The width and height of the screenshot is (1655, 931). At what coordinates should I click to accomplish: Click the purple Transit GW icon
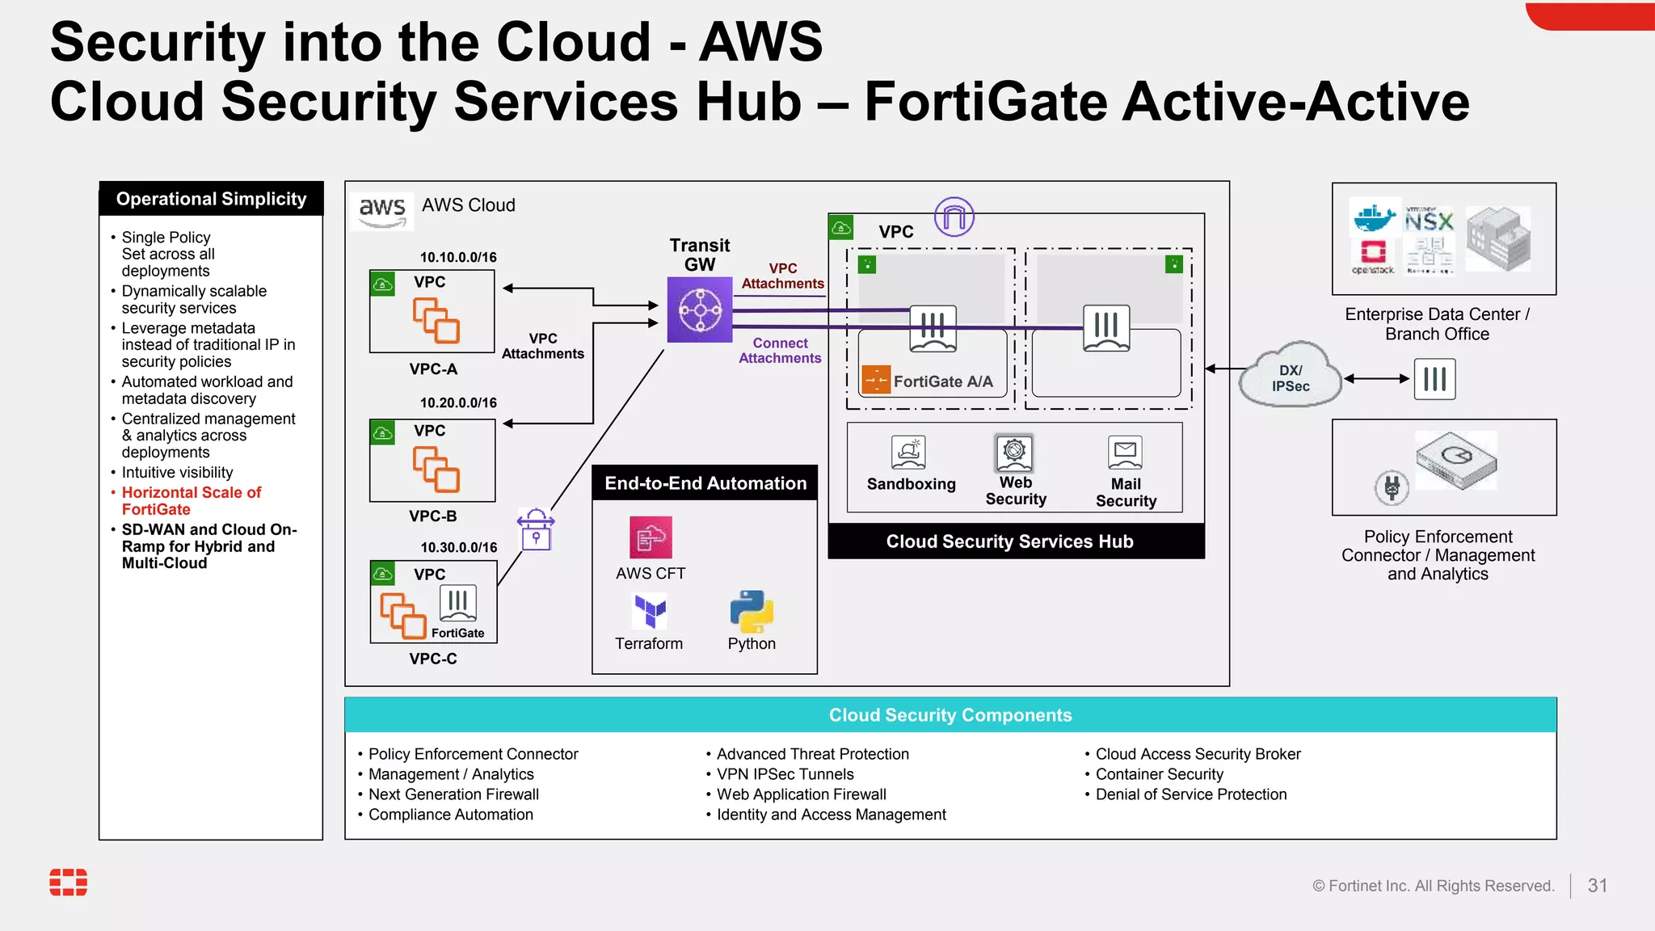click(x=699, y=310)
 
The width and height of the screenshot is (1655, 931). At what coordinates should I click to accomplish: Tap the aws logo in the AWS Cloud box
click(x=382, y=211)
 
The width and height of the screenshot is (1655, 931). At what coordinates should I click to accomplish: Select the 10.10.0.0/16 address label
click(x=458, y=257)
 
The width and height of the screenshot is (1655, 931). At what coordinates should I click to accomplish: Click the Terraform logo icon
click(x=650, y=611)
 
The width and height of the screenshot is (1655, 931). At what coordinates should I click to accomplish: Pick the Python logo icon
click(x=752, y=611)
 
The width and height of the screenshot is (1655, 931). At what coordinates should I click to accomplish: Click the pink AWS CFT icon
click(x=651, y=537)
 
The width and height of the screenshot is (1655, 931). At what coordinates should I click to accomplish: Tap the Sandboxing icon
click(x=908, y=453)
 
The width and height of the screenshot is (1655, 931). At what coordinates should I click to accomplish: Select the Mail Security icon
click(x=1125, y=453)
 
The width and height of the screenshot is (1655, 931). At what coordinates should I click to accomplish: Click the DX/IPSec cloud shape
click(x=1290, y=376)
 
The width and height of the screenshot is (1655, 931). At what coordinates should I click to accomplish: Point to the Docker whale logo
click(x=1373, y=217)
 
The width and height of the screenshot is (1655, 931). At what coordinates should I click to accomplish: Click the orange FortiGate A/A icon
click(x=876, y=380)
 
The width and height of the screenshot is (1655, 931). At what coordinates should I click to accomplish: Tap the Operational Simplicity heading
click(x=211, y=199)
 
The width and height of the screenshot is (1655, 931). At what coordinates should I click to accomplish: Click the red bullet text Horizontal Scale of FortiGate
click(x=191, y=501)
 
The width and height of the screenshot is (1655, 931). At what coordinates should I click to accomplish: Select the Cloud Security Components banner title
click(x=950, y=715)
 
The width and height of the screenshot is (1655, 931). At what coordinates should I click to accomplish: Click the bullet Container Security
click(x=1159, y=774)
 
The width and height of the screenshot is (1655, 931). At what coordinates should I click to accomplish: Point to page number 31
click(x=1597, y=886)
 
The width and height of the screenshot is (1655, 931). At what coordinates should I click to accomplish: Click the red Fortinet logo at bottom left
click(x=69, y=883)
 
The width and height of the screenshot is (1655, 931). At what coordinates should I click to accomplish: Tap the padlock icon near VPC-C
click(x=536, y=531)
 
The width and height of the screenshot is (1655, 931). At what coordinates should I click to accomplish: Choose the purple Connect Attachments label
click(x=780, y=351)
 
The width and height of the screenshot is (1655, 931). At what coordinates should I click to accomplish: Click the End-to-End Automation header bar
click(x=705, y=483)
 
